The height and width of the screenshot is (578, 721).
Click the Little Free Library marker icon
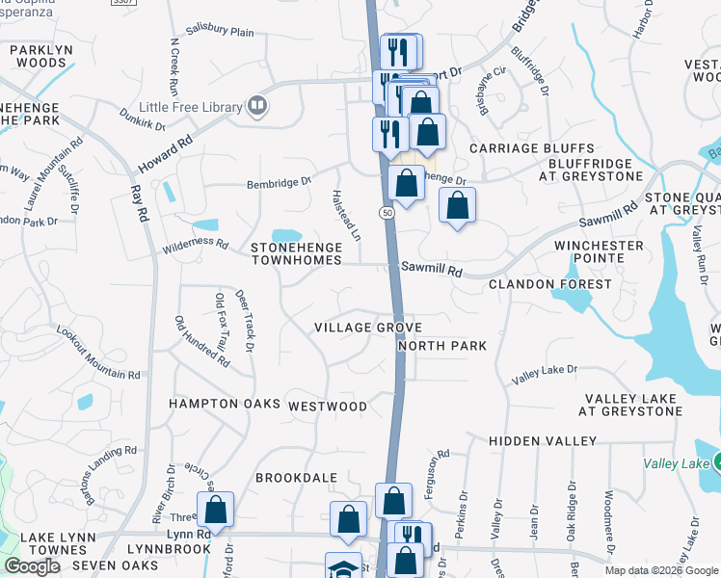256,105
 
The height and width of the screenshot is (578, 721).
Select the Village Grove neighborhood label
368,328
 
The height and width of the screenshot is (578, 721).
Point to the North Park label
441,346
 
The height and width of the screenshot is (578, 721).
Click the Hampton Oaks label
224,404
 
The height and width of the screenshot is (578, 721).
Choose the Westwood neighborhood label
328,407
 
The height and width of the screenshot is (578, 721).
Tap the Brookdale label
296,478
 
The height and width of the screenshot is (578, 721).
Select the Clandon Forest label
549,284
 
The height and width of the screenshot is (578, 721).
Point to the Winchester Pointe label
599,252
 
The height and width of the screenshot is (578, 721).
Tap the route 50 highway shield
387,212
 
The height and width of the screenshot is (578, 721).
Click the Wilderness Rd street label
196,244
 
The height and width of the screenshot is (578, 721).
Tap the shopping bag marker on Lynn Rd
216,510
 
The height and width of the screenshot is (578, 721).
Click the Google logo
32,566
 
